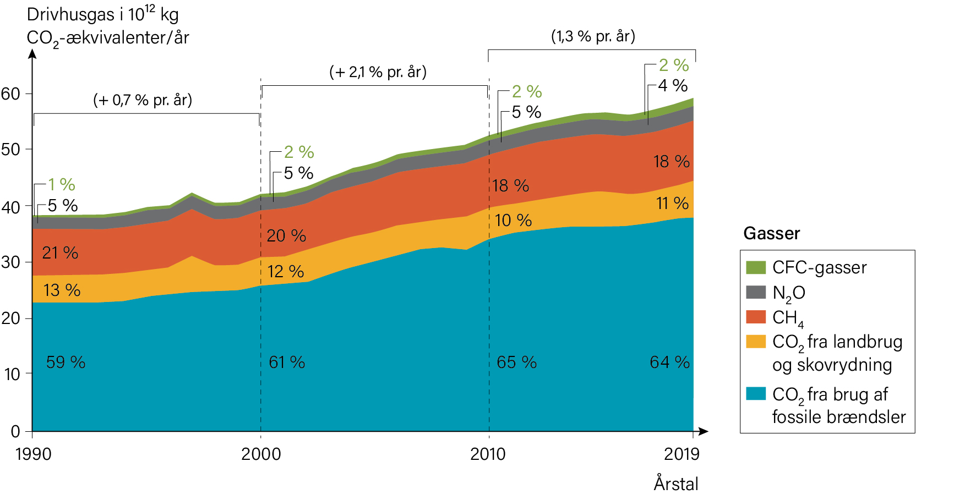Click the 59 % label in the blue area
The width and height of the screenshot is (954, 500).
point(66,362)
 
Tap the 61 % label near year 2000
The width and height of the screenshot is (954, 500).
point(287,362)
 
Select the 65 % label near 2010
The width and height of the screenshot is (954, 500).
point(516,362)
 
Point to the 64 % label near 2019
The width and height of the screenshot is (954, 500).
point(669,362)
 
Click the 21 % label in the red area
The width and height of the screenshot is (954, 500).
point(60,253)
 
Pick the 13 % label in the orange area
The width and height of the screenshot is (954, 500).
point(62,290)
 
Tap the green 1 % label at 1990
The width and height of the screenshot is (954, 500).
point(61,185)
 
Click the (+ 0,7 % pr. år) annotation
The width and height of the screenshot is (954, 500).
point(143,100)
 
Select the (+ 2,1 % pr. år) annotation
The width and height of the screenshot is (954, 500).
point(378,72)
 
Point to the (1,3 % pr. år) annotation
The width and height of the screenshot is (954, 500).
point(593,36)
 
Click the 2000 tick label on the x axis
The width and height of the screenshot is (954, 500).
point(261,454)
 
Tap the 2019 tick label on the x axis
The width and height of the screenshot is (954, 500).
point(682,454)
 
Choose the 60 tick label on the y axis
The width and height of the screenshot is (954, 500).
point(10,94)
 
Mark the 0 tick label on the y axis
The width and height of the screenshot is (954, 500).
point(15,431)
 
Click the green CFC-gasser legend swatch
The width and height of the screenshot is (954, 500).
point(756,267)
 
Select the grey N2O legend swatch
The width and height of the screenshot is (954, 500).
point(756,292)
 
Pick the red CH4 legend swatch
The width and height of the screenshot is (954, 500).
point(756,317)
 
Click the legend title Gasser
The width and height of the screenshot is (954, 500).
point(771,234)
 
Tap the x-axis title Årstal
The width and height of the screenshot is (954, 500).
point(676,484)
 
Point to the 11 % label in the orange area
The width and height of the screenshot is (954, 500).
point(672,204)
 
